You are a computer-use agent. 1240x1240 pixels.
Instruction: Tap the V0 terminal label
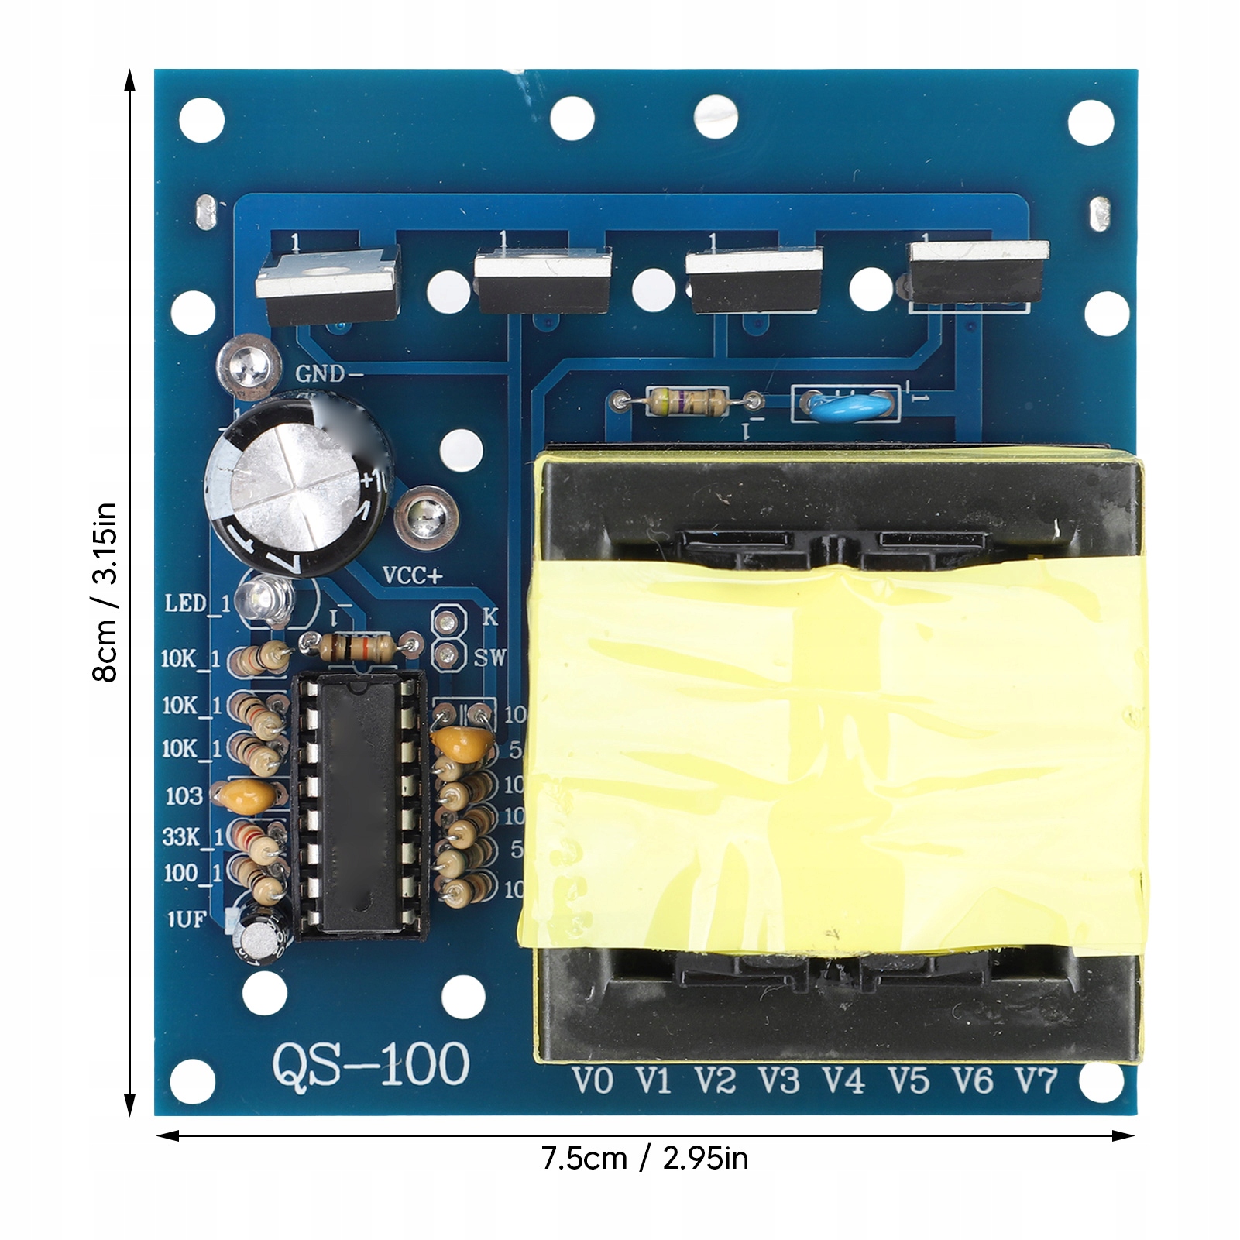coord(593,1080)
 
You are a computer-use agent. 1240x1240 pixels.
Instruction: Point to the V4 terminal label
coord(843,1080)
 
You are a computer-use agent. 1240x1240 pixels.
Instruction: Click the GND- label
coord(329,374)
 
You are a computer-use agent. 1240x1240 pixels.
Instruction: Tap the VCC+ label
coord(412,575)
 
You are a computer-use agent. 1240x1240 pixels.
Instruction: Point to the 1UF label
coord(186,919)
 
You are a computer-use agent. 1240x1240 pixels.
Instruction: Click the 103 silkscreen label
coord(184,795)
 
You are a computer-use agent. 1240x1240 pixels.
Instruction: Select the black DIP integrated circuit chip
coord(359,805)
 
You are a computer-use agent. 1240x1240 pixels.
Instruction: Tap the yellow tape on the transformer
coord(833,759)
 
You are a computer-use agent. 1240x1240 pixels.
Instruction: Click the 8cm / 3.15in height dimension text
coord(105,592)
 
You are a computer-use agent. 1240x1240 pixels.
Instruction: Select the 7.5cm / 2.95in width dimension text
coord(644,1159)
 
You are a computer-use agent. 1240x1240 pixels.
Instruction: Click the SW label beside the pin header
coord(489,658)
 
